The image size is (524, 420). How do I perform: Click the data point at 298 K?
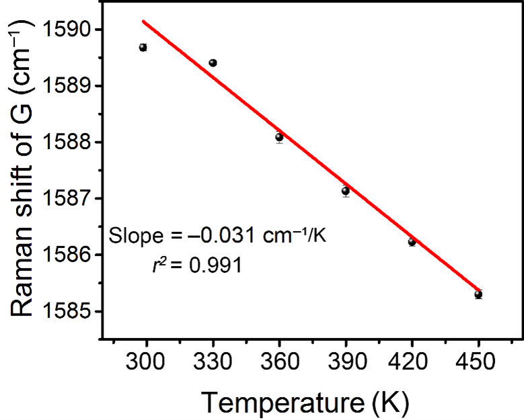143,47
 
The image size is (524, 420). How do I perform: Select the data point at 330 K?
213,63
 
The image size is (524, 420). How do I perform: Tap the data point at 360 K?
279,137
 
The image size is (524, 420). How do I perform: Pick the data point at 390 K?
345,191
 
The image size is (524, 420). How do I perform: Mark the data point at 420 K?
412,242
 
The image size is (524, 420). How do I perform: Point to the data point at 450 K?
478,294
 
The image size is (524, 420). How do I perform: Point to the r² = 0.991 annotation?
196,265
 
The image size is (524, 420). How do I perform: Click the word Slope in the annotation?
133,235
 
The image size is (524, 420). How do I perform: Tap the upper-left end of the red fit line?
143,21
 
